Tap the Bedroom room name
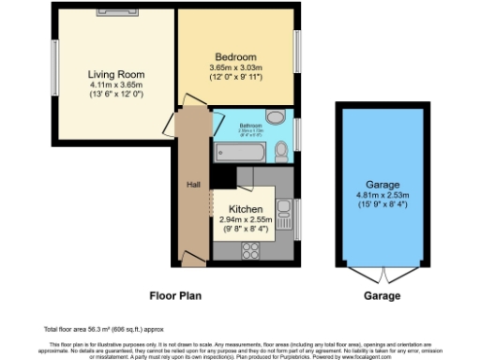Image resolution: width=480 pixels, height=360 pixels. click(235, 57)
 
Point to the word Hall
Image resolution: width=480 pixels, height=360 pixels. click(194, 184)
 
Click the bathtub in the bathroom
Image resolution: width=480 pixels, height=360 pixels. click(242, 153)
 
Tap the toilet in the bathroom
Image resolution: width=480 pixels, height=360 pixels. click(282, 151)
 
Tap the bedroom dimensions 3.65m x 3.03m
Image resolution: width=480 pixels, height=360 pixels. click(235, 68)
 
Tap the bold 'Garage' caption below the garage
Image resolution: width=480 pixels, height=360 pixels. click(382, 294)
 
